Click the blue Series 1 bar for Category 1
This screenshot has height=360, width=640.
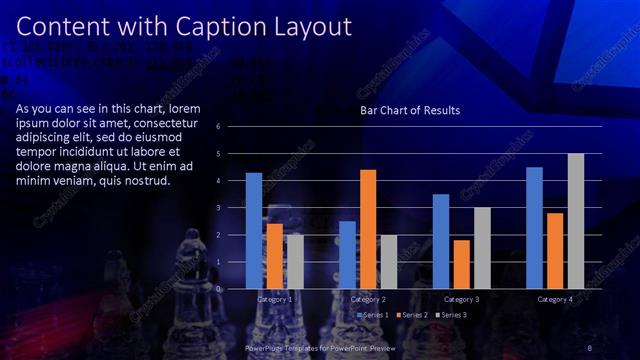click(254, 231)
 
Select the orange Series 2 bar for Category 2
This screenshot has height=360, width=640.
click(368, 229)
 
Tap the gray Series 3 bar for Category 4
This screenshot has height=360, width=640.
click(575, 221)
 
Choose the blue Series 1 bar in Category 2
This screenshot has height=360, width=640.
click(347, 255)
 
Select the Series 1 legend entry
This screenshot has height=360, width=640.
click(373, 315)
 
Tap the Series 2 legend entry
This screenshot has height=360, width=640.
click(414, 315)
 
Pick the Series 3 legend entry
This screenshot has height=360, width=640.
click(453, 315)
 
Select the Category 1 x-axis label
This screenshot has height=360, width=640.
click(275, 300)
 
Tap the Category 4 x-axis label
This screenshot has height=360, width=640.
click(555, 300)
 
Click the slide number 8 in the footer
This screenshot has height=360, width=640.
click(591, 347)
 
